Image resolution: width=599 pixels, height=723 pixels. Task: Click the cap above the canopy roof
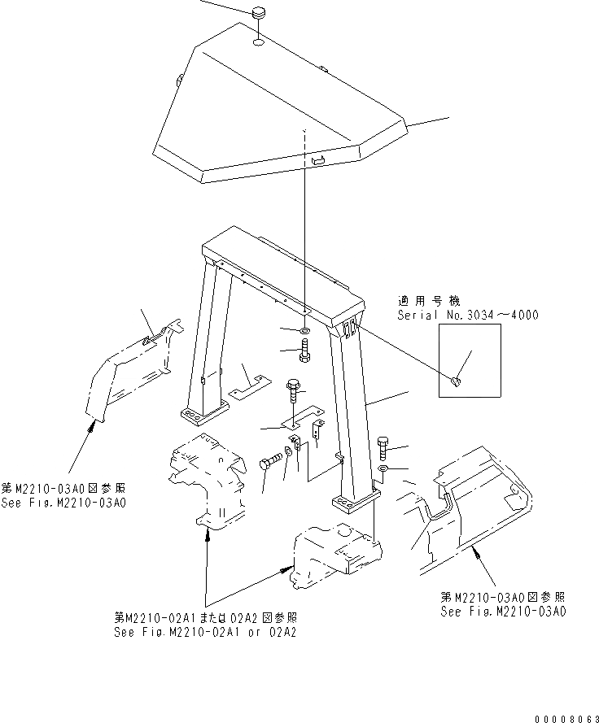259,14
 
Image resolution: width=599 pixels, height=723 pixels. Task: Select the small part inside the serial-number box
457,379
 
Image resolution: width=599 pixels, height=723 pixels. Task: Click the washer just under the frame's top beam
303,332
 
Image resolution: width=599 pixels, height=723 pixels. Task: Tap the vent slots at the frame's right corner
348,327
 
